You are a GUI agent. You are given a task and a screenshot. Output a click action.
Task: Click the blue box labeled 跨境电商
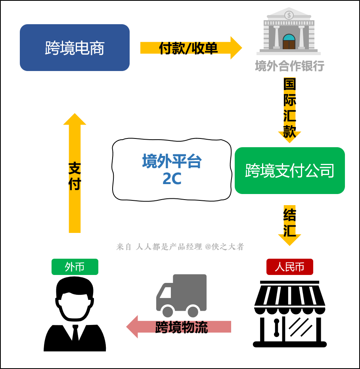(75, 48)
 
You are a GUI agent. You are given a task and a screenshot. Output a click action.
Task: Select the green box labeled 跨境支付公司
(289, 171)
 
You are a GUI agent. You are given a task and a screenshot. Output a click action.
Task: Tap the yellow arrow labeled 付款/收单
(190, 48)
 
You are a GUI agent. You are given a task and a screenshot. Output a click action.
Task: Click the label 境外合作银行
(289, 66)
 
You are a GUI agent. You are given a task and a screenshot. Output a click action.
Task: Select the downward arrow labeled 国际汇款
(289, 109)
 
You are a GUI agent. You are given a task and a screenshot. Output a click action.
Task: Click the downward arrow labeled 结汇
(289, 224)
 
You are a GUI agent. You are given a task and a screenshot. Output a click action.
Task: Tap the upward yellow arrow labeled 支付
(75, 175)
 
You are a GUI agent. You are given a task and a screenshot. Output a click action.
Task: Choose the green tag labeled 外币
(75, 267)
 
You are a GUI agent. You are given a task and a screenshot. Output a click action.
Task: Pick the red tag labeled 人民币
(289, 267)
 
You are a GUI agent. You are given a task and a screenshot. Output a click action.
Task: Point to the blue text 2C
(172, 179)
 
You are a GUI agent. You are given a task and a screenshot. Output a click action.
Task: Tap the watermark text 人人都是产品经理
(169, 247)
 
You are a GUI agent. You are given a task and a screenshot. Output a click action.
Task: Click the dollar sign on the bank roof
(289, 15)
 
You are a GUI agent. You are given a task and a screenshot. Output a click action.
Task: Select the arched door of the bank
(289, 42)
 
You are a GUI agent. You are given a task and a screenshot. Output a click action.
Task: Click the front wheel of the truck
(168, 311)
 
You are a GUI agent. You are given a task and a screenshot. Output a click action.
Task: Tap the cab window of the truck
(166, 293)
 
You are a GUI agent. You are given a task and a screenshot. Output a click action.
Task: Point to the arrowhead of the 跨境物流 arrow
(132, 327)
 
